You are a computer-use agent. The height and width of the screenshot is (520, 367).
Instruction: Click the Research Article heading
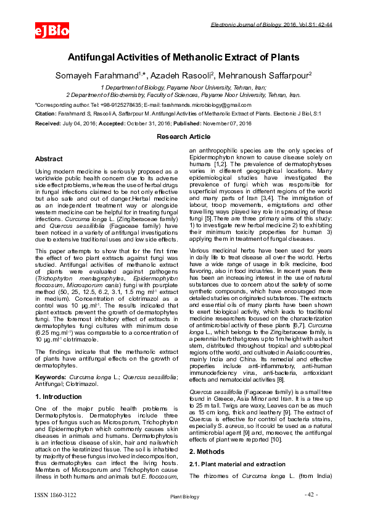pos(183,136)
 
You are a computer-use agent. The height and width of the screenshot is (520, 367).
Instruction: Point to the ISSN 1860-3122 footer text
pos(56,494)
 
